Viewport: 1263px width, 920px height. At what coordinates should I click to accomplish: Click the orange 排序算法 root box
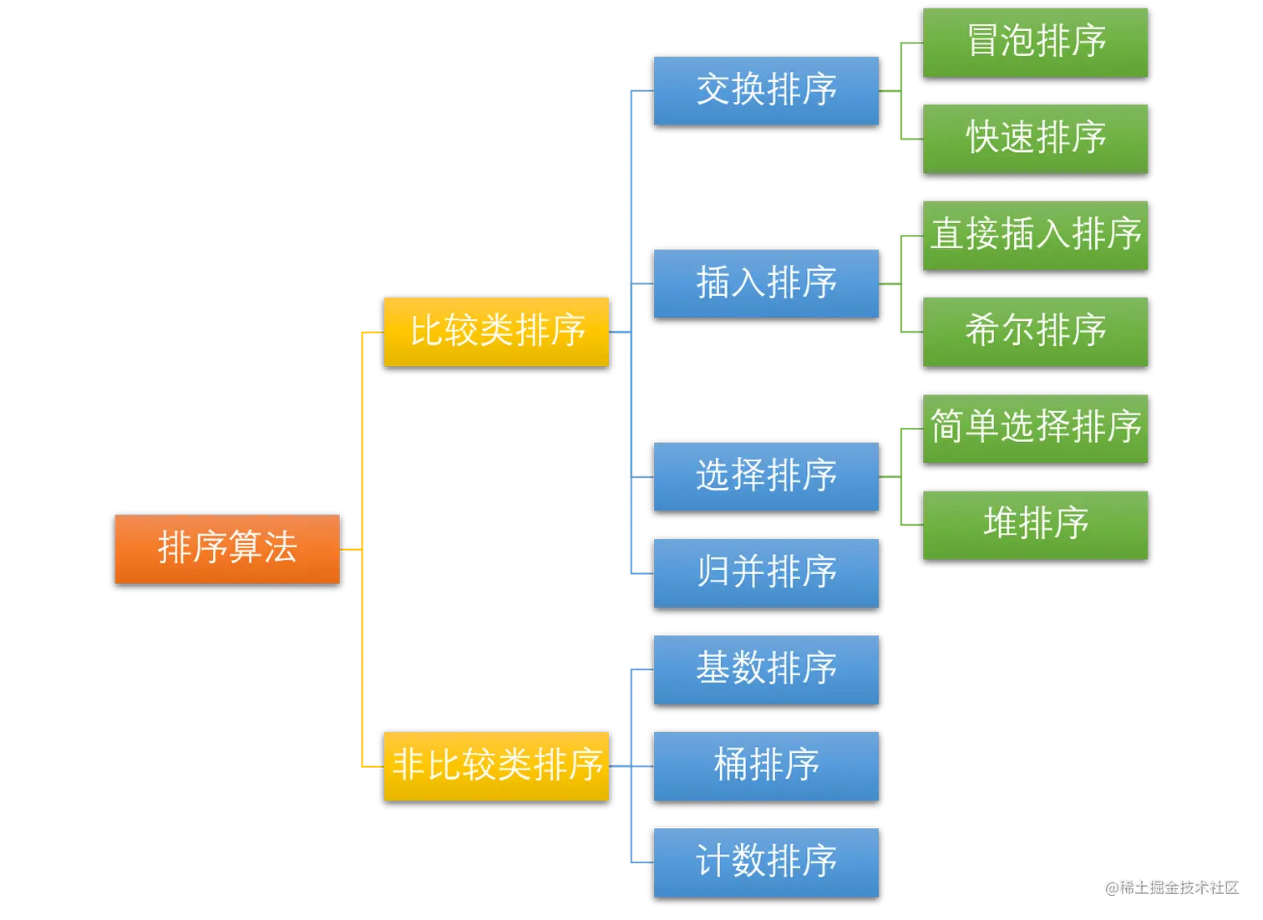[x=227, y=549]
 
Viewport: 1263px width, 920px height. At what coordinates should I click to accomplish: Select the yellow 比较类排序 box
[x=496, y=332]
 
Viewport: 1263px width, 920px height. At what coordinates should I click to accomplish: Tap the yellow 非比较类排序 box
[x=496, y=766]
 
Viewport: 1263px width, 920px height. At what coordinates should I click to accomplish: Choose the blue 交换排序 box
[x=766, y=90]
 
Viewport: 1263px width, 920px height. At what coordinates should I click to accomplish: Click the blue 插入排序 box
[x=766, y=283]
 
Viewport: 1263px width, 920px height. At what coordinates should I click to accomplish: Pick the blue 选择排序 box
[x=766, y=475]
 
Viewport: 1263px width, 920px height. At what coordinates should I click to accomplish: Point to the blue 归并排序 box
[x=766, y=572]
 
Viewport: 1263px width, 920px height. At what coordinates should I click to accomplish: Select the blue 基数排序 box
[x=766, y=669]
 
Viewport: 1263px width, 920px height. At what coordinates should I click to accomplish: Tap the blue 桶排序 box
[x=766, y=766]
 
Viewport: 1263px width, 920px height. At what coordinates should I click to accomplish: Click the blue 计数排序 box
[x=766, y=862]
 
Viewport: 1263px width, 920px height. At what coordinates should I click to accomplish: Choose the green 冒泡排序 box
[x=1035, y=42]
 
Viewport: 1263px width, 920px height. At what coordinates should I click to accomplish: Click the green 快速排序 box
[x=1035, y=139]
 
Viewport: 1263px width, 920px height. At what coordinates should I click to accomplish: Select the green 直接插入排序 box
[x=1035, y=235]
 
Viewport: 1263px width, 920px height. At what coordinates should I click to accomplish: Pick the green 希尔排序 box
[x=1035, y=332]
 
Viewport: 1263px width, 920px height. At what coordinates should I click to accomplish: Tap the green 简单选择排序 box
[x=1035, y=428]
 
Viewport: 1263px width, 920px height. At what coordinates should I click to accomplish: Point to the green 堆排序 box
[x=1035, y=525]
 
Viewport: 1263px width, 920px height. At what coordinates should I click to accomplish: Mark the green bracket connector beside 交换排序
[x=900, y=91]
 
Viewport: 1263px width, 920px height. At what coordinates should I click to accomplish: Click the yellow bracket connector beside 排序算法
[x=362, y=549]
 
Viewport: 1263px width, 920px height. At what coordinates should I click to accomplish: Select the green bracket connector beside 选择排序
[x=900, y=476]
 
